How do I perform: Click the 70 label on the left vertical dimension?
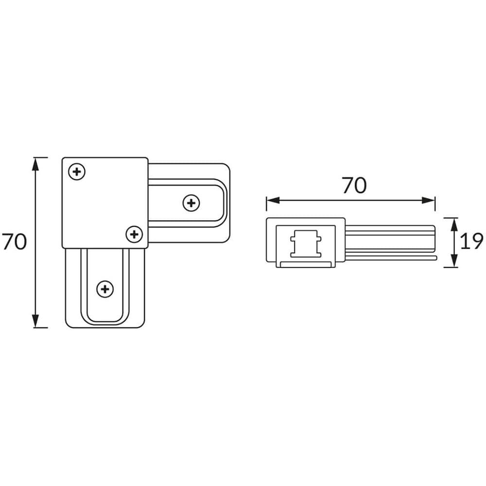(x=15, y=242)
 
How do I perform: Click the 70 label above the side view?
(x=354, y=186)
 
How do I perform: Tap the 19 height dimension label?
(x=471, y=241)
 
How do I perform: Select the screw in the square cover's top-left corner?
(x=77, y=171)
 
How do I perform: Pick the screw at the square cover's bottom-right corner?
(x=134, y=234)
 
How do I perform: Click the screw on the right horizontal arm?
(x=191, y=203)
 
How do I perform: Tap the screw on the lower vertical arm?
(x=105, y=289)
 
